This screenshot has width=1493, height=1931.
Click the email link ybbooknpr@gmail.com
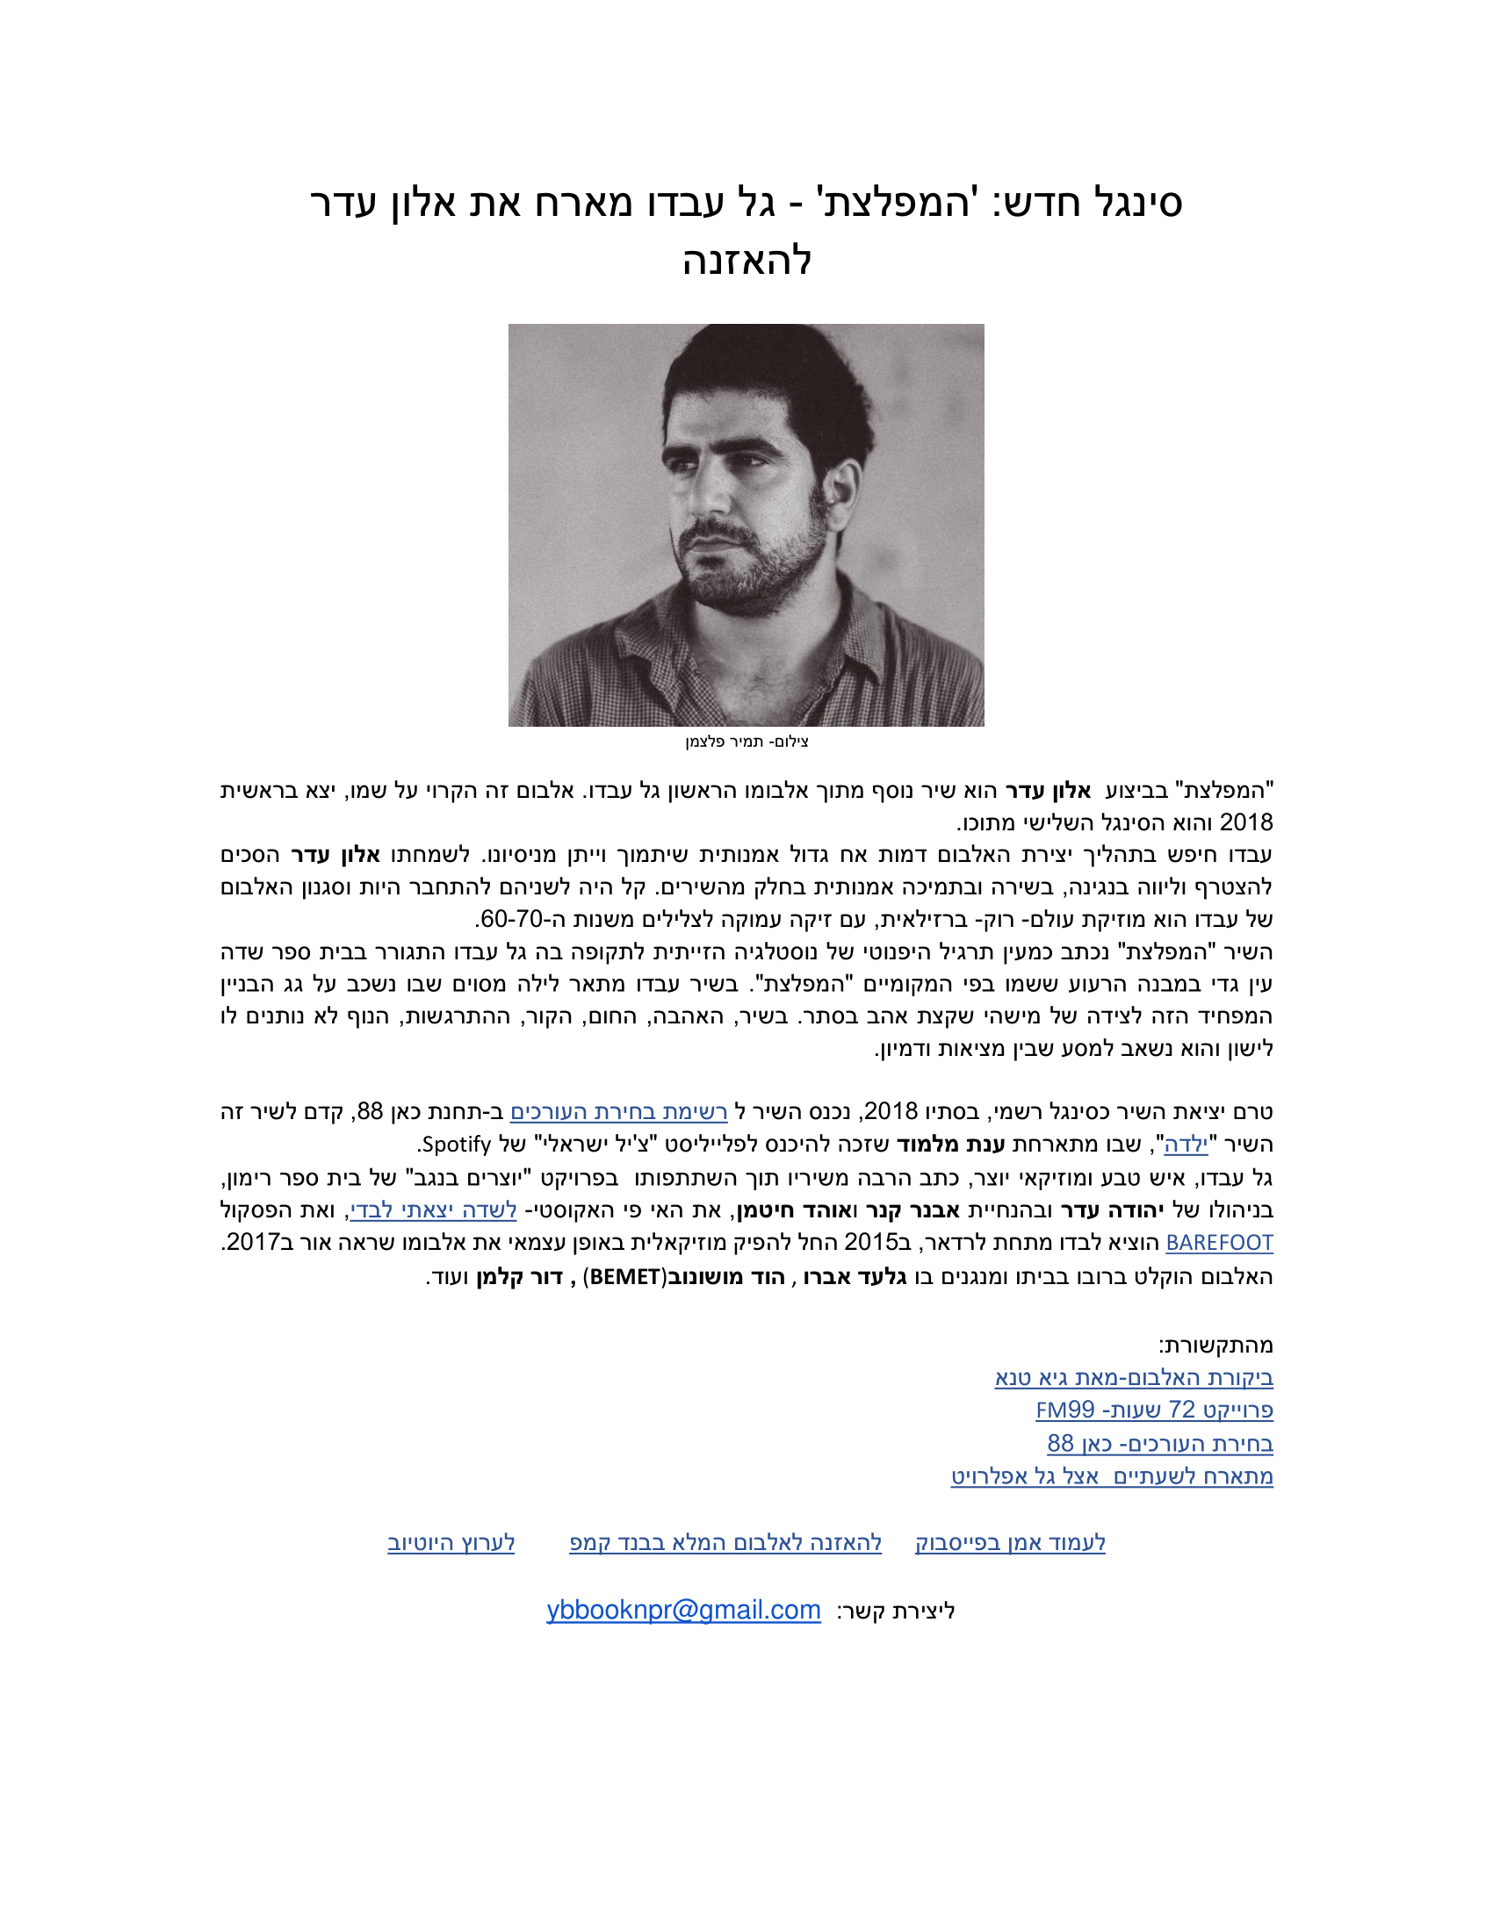(x=682, y=1610)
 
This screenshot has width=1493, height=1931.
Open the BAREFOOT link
(x=1219, y=1242)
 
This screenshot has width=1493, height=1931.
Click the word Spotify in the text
(x=455, y=1144)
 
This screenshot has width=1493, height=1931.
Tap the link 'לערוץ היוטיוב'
(x=451, y=1543)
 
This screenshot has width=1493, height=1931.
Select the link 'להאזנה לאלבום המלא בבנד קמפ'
(x=725, y=1543)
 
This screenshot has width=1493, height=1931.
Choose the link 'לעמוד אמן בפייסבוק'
(x=1010, y=1543)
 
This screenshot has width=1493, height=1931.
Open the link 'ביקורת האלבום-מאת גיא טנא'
(x=1134, y=1377)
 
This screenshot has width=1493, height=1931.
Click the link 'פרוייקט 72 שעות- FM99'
(x=1154, y=1410)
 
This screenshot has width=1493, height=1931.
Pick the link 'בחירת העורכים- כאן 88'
(x=1159, y=1443)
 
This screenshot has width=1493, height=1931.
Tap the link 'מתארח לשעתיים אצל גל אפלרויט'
(x=1112, y=1475)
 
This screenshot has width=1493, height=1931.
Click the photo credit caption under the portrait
(x=746, y=741)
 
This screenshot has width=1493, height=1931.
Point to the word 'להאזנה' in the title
(x=746, y=260)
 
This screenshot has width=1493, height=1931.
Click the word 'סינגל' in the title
(x=1136, y=203)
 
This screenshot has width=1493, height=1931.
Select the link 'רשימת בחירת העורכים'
(x=618, y=1111)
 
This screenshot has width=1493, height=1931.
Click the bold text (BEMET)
(x=624, y=1277)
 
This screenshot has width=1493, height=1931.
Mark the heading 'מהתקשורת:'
(x=1216, y=1345)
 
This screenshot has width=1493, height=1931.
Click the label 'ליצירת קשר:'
(x=896, y=1611)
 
